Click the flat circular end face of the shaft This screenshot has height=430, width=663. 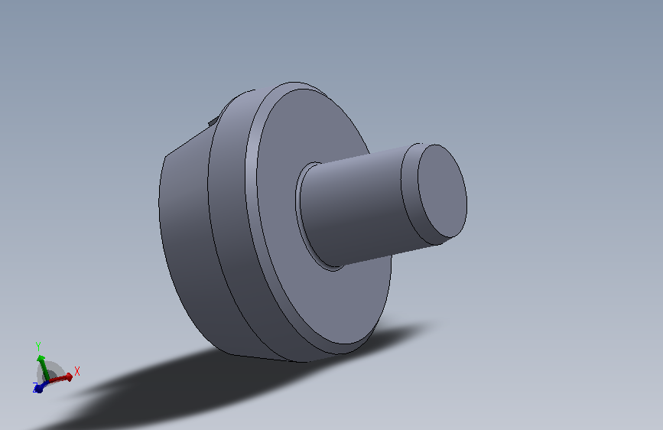point(442,191)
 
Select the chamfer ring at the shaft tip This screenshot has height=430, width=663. point(409,194)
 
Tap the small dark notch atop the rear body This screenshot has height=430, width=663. point(213,122)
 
